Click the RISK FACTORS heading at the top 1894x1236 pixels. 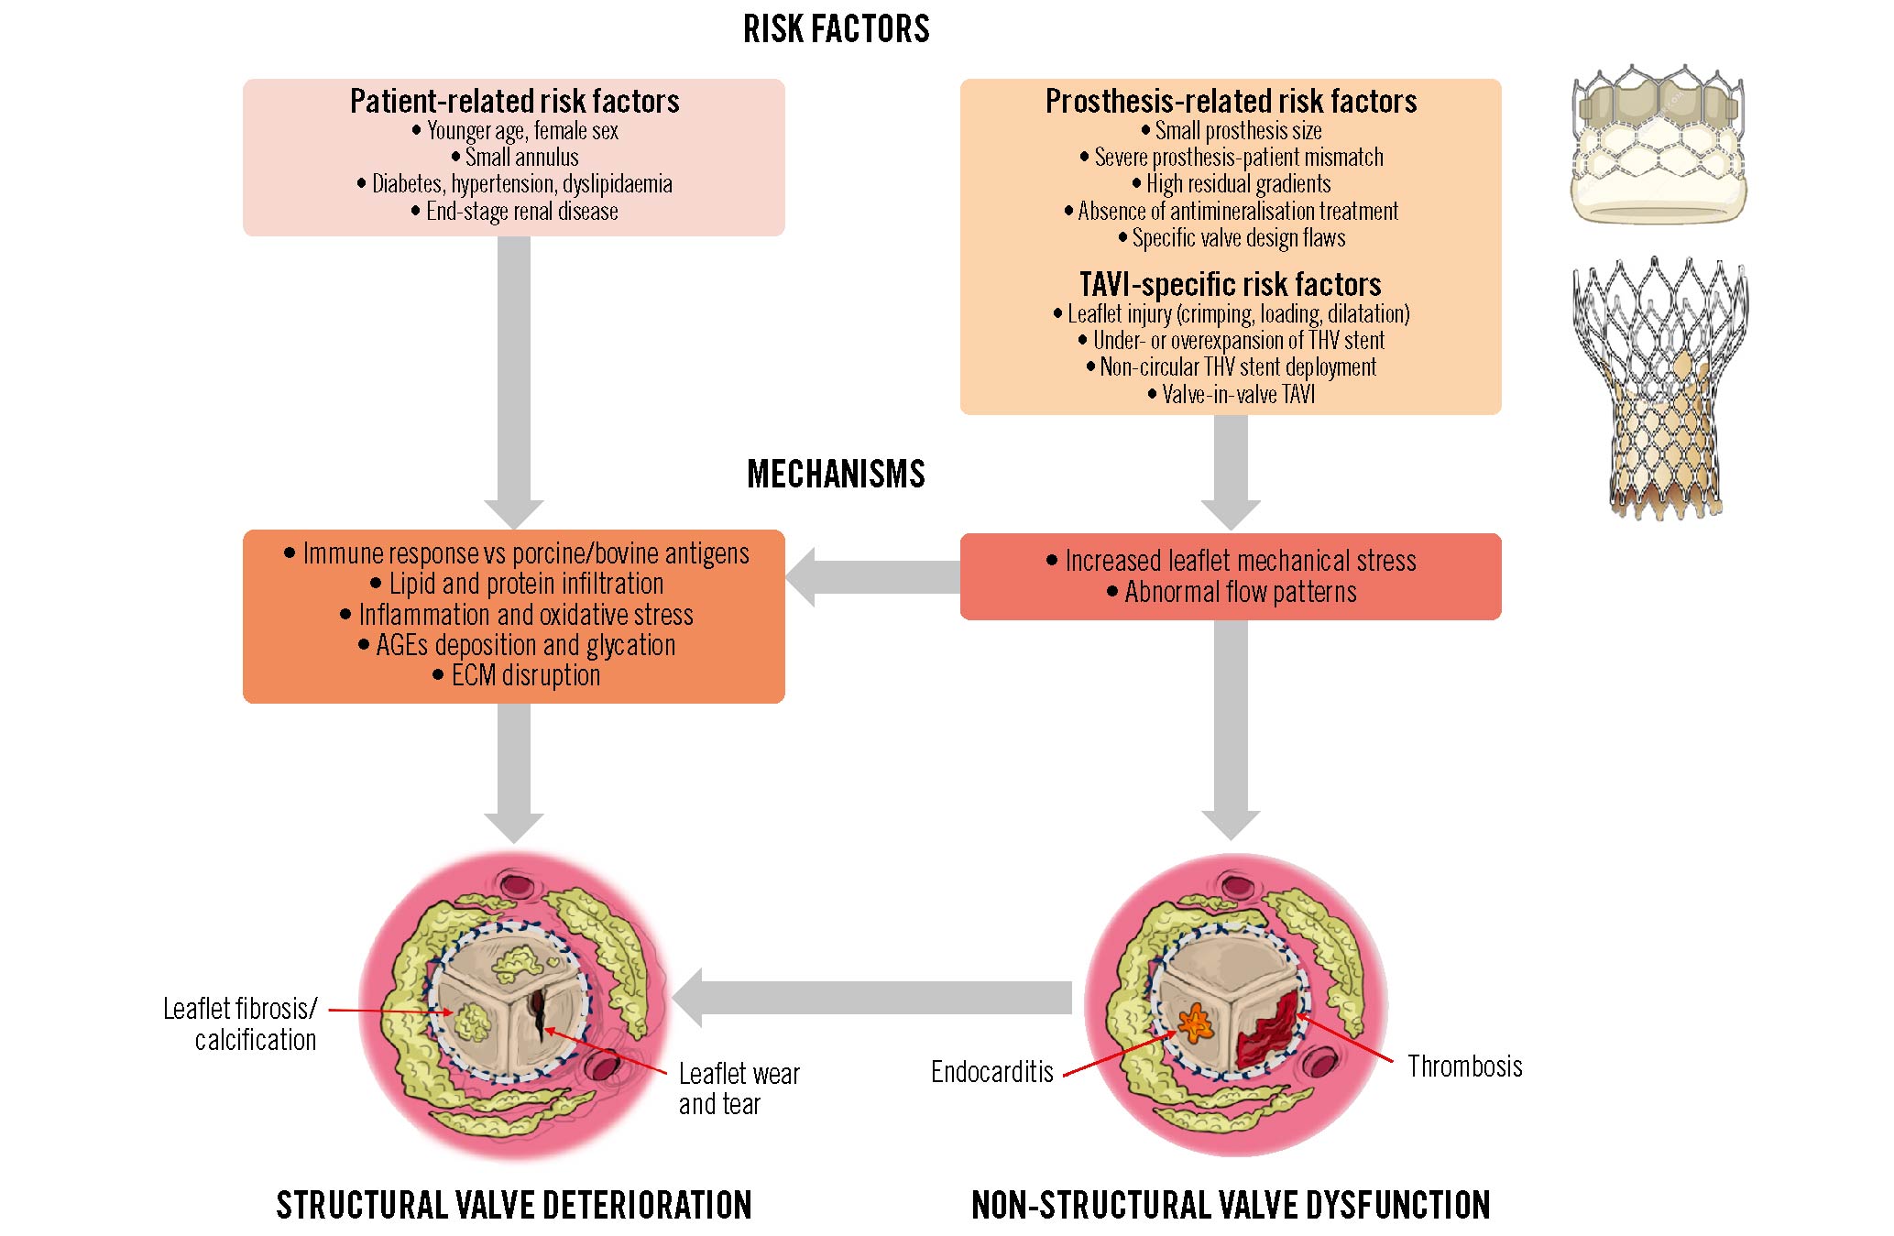click(x=836, y=29)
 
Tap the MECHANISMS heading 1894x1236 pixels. click(x=836, y=475)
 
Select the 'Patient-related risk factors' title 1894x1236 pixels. click(x=514, y=101)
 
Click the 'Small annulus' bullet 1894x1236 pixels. click(x=521, y=158)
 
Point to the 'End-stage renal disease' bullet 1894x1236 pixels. click(x=521, y=212)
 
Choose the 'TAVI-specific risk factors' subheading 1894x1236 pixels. click(x=1230, y=284)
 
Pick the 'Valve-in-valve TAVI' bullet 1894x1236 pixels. click(x=1237, y=395)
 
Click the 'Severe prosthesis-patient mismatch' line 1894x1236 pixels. click(x=1238, y=158)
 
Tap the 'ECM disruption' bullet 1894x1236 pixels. click(x=525, y=676)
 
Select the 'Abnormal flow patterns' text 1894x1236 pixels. click(x=1240, y=593)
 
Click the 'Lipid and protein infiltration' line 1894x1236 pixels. click(x=525, y=585)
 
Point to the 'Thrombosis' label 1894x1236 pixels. click(x=1464, y=1066)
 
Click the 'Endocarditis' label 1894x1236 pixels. click(x=991, y=1072)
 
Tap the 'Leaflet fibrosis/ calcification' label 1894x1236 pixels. click(x=241, y=1024)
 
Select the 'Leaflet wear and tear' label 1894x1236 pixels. click(x=739, y=1088)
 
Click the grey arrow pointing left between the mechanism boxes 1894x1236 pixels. click(x=870, y=577)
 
